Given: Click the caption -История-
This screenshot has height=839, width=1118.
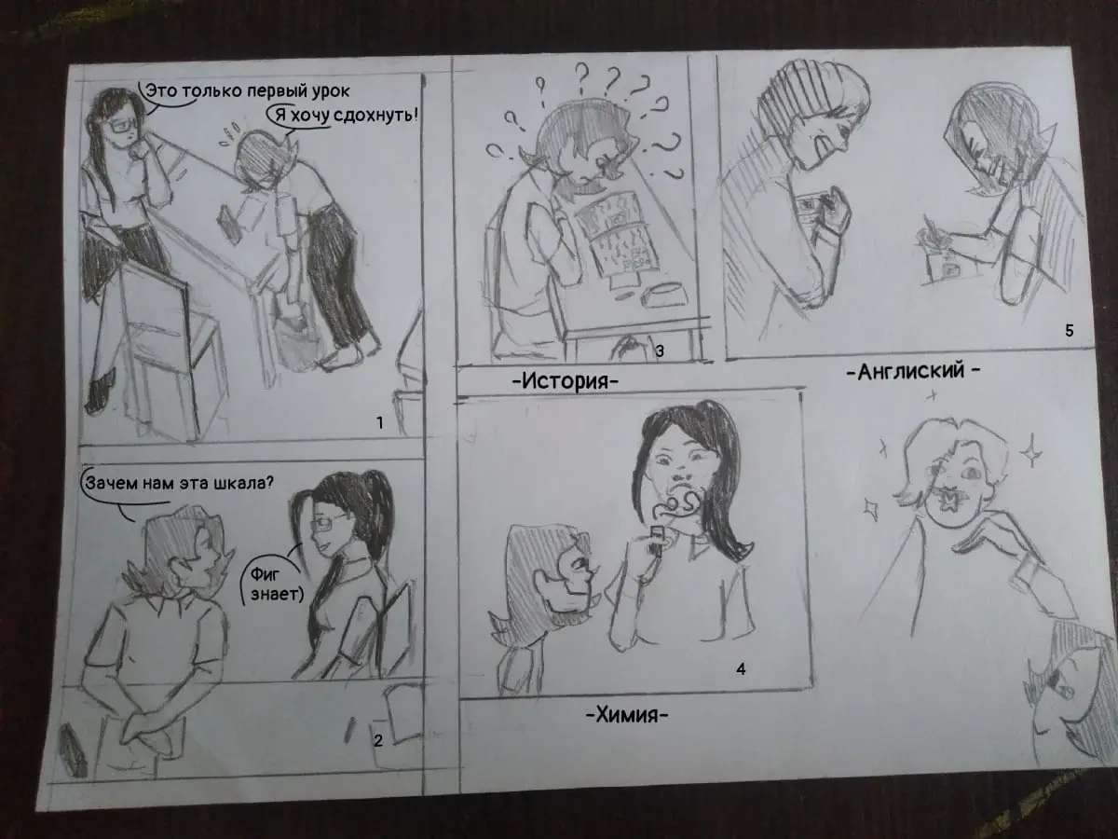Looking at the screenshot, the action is (x=565, y=381).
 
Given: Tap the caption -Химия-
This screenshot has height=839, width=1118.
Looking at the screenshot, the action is (x=627, y=716).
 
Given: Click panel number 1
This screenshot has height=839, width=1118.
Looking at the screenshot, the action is (x=379, y=423).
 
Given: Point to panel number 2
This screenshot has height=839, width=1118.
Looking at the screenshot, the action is (x=378, y=740).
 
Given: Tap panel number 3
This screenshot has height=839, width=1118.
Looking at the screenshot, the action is (x=660, y=351).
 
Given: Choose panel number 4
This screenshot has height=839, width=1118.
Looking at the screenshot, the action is (x=741, y=668).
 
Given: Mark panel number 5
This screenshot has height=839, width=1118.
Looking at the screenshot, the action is (x=1070, y=331).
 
